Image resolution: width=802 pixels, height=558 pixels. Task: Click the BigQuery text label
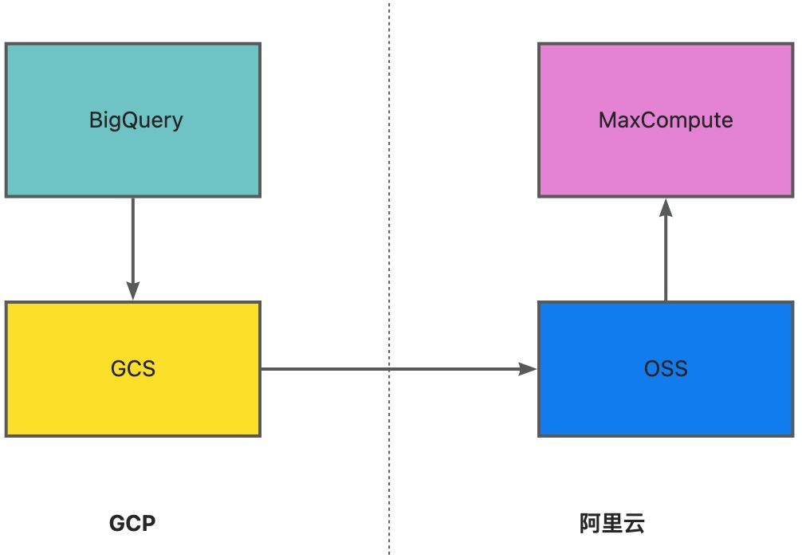pos(136,120)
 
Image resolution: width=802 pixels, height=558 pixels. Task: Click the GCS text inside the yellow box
pos(133,369)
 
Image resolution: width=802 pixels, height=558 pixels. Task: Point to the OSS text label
pos(666,369)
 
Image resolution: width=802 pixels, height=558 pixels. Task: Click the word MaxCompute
pos(666,120)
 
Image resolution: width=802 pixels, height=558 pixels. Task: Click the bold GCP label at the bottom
pos(132,524)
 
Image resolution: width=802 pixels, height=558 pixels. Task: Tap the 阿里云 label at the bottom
pos(612,524)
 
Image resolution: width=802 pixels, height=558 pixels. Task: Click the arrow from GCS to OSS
pos(335,369)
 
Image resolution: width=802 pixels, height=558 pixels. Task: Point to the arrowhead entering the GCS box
pos(132,292)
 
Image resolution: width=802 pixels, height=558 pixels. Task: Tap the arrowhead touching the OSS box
pos(529,369)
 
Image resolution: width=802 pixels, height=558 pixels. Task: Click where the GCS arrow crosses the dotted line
pos(390,369)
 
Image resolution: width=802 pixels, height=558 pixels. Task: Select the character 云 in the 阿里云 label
pos(634,524)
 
